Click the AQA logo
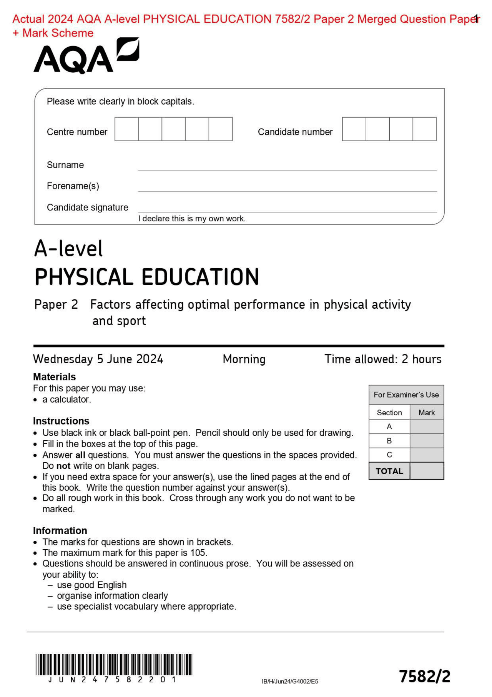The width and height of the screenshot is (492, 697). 86,57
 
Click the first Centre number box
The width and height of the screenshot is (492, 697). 126,129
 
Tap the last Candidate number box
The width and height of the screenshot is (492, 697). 424,129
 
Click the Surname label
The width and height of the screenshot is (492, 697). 65,165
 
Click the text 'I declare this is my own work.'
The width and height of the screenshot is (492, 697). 192,219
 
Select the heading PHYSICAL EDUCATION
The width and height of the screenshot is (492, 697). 147,277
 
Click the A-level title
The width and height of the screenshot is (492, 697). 68,248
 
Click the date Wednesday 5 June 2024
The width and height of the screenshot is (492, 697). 98,359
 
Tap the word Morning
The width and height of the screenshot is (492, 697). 244,359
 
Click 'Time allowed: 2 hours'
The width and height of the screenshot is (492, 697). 383,359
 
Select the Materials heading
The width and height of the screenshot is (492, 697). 54,376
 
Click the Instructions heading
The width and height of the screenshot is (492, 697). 61,421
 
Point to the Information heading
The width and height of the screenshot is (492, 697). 60,530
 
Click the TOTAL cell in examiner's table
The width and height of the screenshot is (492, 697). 389,471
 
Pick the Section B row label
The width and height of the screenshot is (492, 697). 389,441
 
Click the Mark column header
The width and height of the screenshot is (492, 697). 426,413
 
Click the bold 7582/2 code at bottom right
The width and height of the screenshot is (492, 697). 424,676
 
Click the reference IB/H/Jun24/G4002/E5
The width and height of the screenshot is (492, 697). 290,681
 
